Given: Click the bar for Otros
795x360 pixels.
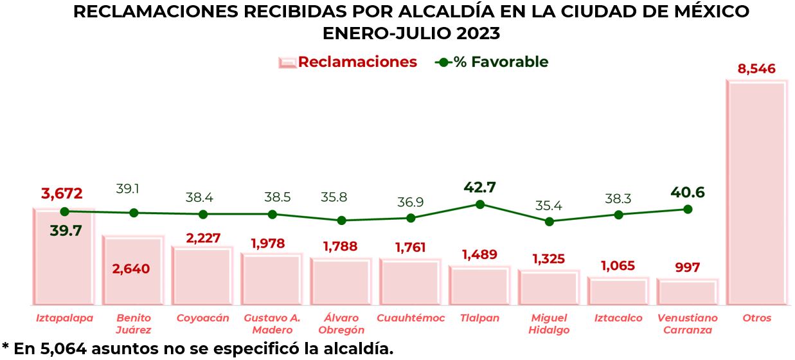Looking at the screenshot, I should [756, 193].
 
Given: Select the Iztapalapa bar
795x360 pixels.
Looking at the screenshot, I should [64, 257].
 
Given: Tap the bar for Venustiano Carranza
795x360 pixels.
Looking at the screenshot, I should [687, 292].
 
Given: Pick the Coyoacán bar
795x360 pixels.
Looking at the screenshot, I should [202, 276].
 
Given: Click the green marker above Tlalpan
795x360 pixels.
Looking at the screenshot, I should [479, 204].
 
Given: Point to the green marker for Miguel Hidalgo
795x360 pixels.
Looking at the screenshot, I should [549, 221].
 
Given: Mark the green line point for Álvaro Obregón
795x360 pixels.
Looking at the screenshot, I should [341, 220].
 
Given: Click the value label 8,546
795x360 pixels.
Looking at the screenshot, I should [756, 69].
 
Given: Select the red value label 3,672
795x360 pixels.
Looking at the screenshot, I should [62, 193].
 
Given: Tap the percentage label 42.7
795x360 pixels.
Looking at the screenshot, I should [479, 188].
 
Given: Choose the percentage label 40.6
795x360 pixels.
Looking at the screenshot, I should [687, 192].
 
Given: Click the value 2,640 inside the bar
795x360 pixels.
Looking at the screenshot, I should [131, 269].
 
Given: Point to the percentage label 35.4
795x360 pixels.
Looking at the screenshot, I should [549, 206].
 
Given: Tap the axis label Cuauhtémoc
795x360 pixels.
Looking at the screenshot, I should [411, 318].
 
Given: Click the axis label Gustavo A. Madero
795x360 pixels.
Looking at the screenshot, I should [272, 324].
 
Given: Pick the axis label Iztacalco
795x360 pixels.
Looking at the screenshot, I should [618, 318].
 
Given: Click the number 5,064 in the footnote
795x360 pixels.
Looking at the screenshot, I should [66, 349].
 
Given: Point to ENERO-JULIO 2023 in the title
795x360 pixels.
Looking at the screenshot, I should [411, 32].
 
